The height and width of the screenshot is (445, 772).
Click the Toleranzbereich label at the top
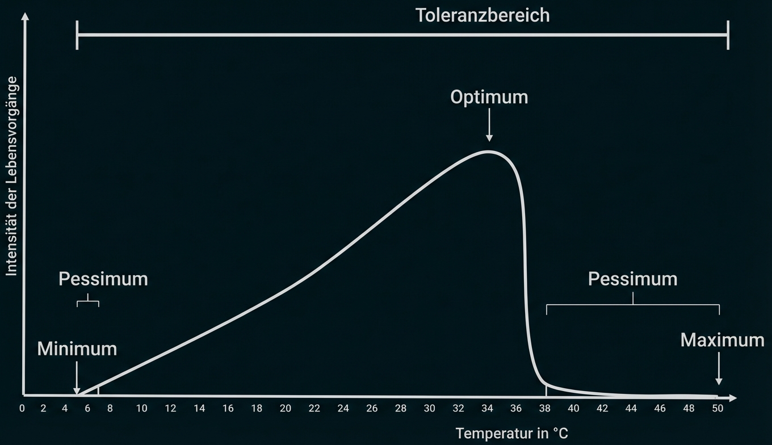tap(482, 15)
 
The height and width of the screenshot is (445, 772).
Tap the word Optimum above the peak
tap(489, 97)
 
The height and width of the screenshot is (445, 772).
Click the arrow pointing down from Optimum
tap(489, 128)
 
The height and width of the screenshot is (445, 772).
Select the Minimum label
tap(77, 349)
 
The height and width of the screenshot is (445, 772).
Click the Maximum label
tap(722, 340)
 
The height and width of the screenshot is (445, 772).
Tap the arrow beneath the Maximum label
tap(719, 369)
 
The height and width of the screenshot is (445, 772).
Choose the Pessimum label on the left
tap(103, 279)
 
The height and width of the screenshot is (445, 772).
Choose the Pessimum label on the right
tap(632, 279)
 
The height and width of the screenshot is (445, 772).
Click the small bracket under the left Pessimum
tap(88, 301)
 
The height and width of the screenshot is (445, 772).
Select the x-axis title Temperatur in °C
tap(511, 434)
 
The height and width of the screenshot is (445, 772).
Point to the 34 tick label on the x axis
tap(487, 409)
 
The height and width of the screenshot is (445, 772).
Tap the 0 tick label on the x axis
tap(22, 409)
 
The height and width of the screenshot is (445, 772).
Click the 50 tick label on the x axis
tap(718, 409)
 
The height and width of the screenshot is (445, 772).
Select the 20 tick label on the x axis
tap(286, 409)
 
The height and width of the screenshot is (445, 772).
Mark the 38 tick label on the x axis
tap(545, 409)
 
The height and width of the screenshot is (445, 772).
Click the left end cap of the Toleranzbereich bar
tap(77, 35)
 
